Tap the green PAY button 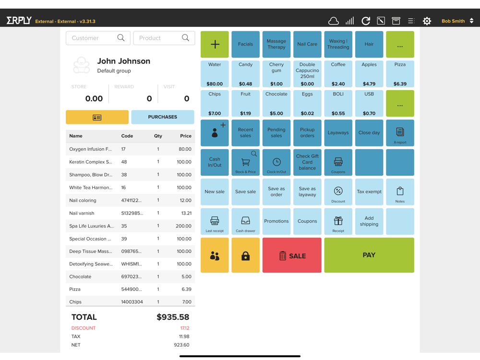coord(369,255)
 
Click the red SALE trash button coord(292,255)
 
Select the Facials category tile coord(245,44)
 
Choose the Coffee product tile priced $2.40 coord(338,74)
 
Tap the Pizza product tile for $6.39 coord(400,74)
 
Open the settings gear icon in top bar coord(427,21)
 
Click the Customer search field coord(93,38)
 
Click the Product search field coord(159,38)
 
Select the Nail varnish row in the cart coord(130,213)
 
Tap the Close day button coord(369,133)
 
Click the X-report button coord(400,133)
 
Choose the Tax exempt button coord(369,192)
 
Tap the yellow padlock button coord(245,255)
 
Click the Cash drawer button coord(245,222)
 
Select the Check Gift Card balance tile coord(307,162)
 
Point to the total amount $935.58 coord(173,317)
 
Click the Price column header coord(185,136)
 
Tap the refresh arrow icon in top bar coord(366,21)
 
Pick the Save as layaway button coord(307,192)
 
